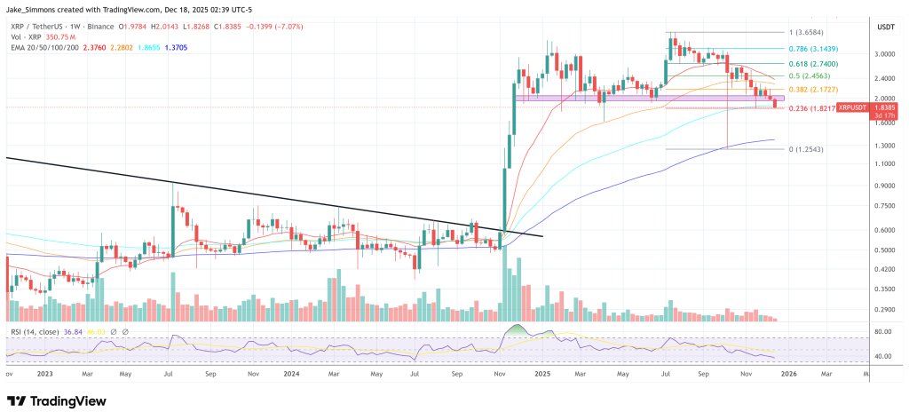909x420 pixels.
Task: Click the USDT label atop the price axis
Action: coord(886,28)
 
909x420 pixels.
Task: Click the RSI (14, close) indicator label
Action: coord(35,330)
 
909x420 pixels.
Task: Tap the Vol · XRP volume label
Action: coord(23,39)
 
